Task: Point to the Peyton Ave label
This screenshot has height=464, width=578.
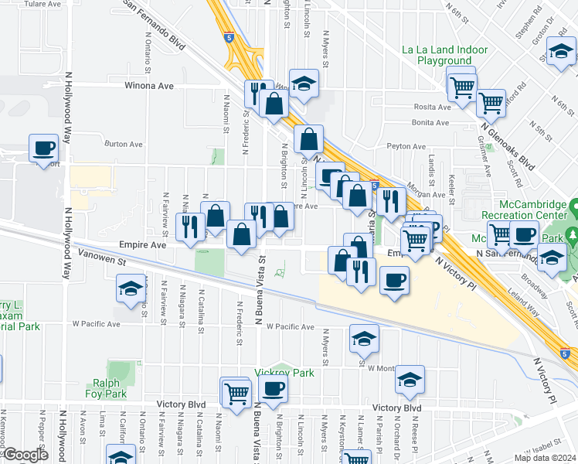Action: pos(406,146)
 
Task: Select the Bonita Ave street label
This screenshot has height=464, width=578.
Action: pos(431,123)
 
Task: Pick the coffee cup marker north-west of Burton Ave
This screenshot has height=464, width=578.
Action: pos(44,146)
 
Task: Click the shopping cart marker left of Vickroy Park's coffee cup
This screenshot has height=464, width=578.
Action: pos(235,391)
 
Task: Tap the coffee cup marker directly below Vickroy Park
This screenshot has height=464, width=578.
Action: pos(272,388)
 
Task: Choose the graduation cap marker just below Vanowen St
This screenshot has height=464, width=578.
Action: pos(129,289)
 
